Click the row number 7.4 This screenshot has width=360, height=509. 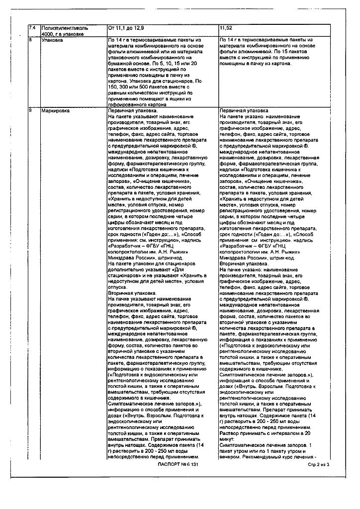click(x=32, y=28)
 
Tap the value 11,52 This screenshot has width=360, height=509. click(x=226, y=28)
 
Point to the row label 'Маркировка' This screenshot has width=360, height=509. click(x=56, y=110)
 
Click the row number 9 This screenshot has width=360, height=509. click(x=31, y=110)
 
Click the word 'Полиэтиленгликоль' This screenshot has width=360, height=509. click(x=65, y=28)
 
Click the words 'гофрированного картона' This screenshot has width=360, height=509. click(x=135, y=105)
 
